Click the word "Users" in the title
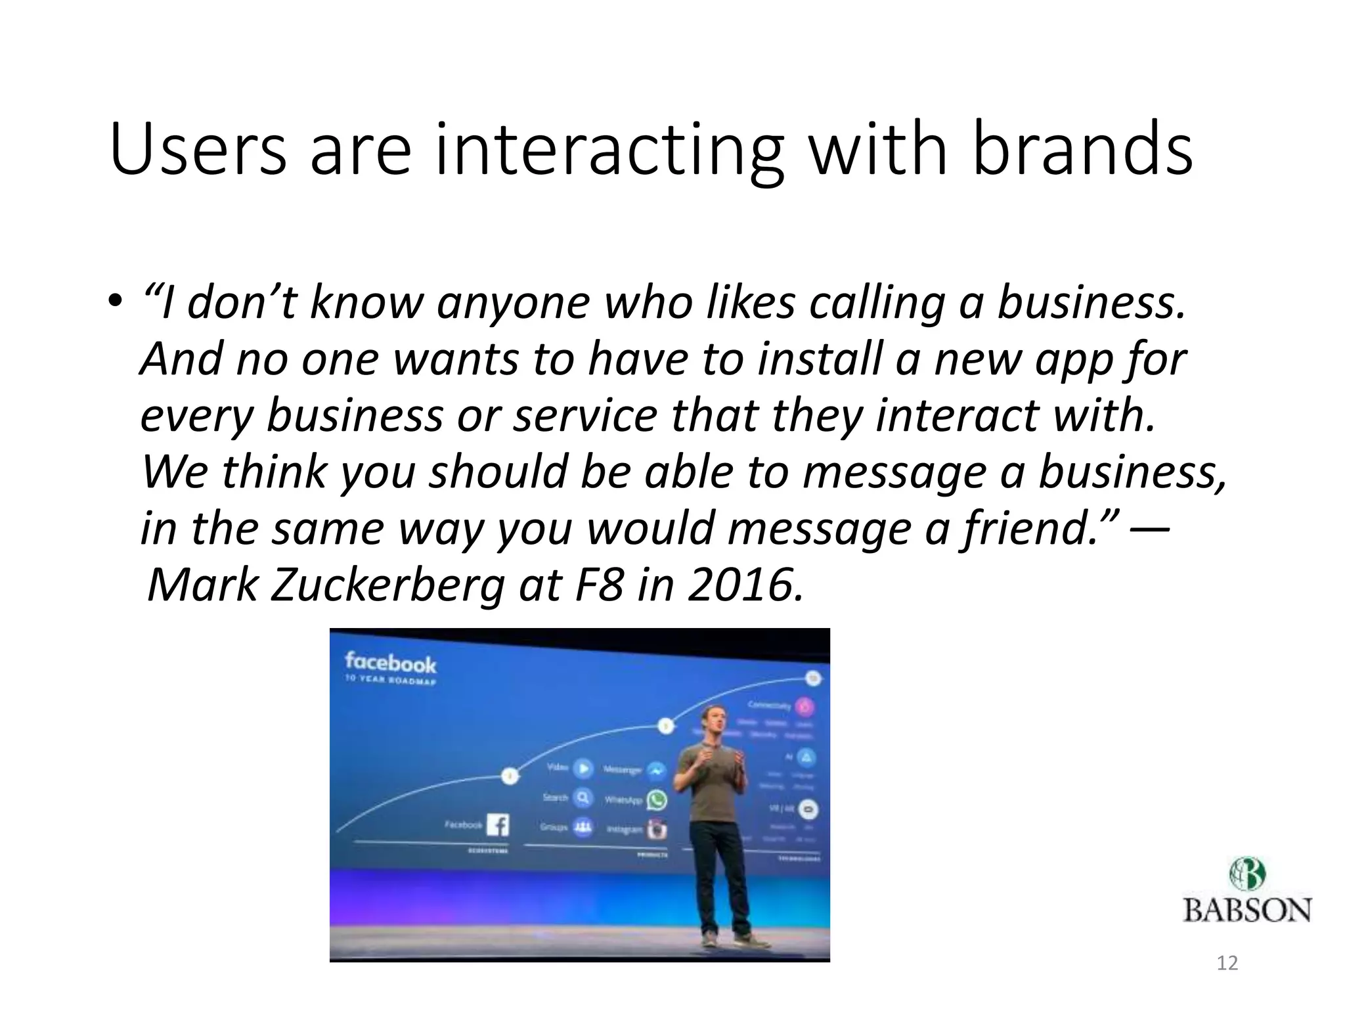coord(198,150)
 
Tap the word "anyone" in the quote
coord(513,303)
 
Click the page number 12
coord(1227,964)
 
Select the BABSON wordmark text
coord(1246,910)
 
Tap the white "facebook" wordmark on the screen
coord(390,662)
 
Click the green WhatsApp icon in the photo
coord(656,799)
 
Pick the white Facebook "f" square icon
coord(498,825)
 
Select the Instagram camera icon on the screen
coord(656,829)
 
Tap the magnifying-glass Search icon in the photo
coord(583,797)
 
